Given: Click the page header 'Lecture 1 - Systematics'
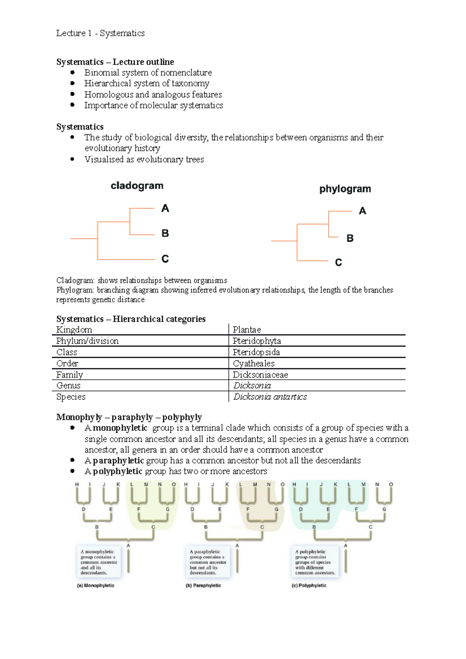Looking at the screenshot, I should (x=100, y=33).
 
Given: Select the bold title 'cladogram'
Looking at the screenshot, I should (x=137, y=186).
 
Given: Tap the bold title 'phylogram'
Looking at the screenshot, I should (x=345, y=189).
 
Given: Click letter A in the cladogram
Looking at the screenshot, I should (x=165, y=208).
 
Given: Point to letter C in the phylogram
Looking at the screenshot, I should (x=338, y=263).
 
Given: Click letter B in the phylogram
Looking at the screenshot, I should (x=350, y=238).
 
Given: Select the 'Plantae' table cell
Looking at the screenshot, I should (x=247, y=329).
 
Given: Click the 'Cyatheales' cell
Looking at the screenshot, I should (x=254, y=363).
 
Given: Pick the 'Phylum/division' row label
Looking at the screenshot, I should (x=87, y=341).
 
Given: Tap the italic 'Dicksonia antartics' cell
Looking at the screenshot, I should (x=270, y=397).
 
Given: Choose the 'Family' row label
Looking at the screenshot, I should (x=70, y=375).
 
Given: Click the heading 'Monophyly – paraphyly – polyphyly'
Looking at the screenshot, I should (x=129, y=417).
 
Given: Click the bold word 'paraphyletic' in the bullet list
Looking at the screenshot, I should (x=118, y=461).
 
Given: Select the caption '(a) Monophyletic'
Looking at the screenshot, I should (x=96, y=585).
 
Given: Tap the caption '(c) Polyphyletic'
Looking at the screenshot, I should (x=309, y=585).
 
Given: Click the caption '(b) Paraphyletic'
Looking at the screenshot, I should (x=203, y=585).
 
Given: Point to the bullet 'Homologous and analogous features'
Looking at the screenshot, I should (x=153, y=94).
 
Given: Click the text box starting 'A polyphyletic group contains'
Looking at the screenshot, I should (x=315, y=562).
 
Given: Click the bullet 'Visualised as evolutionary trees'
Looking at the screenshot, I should (x=144, y=160).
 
